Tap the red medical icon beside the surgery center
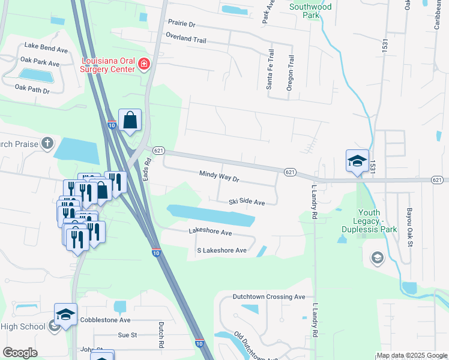[143, 64]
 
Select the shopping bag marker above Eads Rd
[130, 121]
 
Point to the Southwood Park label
[310, 11]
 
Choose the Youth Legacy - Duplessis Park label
[378, 221]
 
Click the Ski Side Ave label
[246, 203]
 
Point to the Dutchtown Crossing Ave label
[269, 297]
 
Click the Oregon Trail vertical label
[290, 73]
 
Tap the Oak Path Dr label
[32, 89]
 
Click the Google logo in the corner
[20, 353]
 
